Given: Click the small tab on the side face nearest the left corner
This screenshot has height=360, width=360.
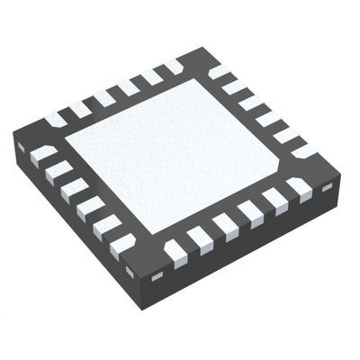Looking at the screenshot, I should pos(20,147).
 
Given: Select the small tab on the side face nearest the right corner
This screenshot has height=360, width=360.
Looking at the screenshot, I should pos(327,187).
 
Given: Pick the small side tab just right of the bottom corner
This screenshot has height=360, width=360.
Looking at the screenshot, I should pos(158,274).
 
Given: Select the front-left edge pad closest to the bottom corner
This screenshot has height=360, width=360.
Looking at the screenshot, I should pos(121,243).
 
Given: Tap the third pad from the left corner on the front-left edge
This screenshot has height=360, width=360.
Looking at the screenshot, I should pos(74,188).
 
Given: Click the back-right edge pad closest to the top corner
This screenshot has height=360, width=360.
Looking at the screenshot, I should pos(220,71).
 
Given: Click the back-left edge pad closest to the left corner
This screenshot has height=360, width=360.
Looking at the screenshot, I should pos(56,117).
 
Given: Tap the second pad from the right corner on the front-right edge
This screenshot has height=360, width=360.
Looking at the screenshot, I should pos(274,201).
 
